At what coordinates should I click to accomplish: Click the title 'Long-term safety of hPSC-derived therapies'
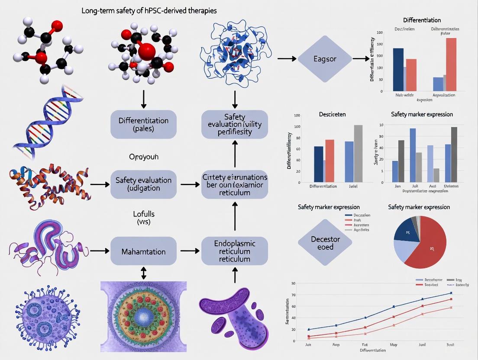click(x=149, y=10)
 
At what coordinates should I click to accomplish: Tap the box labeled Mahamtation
click(x=143, y=251)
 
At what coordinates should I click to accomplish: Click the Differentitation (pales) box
click(x=143, y=124)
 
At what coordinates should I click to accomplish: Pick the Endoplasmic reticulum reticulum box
click(x=235, y=251)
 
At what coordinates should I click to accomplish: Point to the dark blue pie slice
click(x=408, y=230)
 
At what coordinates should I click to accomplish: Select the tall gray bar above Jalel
click(x=358, y=153)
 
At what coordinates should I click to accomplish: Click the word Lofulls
click(x=143, y=214)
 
